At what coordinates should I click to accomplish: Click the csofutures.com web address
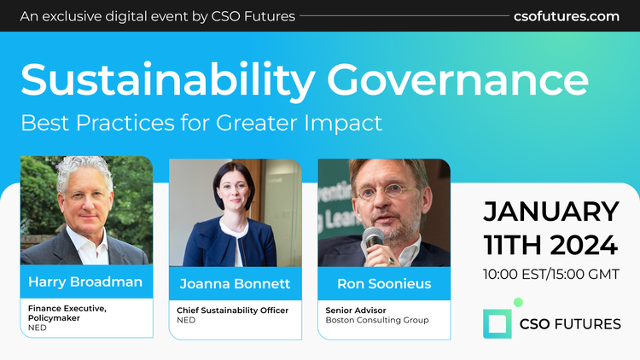(x=567, y=15)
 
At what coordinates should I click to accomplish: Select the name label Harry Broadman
(x=85, y=281)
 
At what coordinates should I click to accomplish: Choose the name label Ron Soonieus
(x=385, y=282)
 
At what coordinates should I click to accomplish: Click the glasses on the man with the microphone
(x=387, y=192)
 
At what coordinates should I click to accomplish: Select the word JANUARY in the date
(x=550, y=212)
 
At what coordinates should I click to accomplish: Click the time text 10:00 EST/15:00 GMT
(x=550, y=274)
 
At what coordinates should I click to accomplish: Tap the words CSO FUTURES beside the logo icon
(x=567, y=324)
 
